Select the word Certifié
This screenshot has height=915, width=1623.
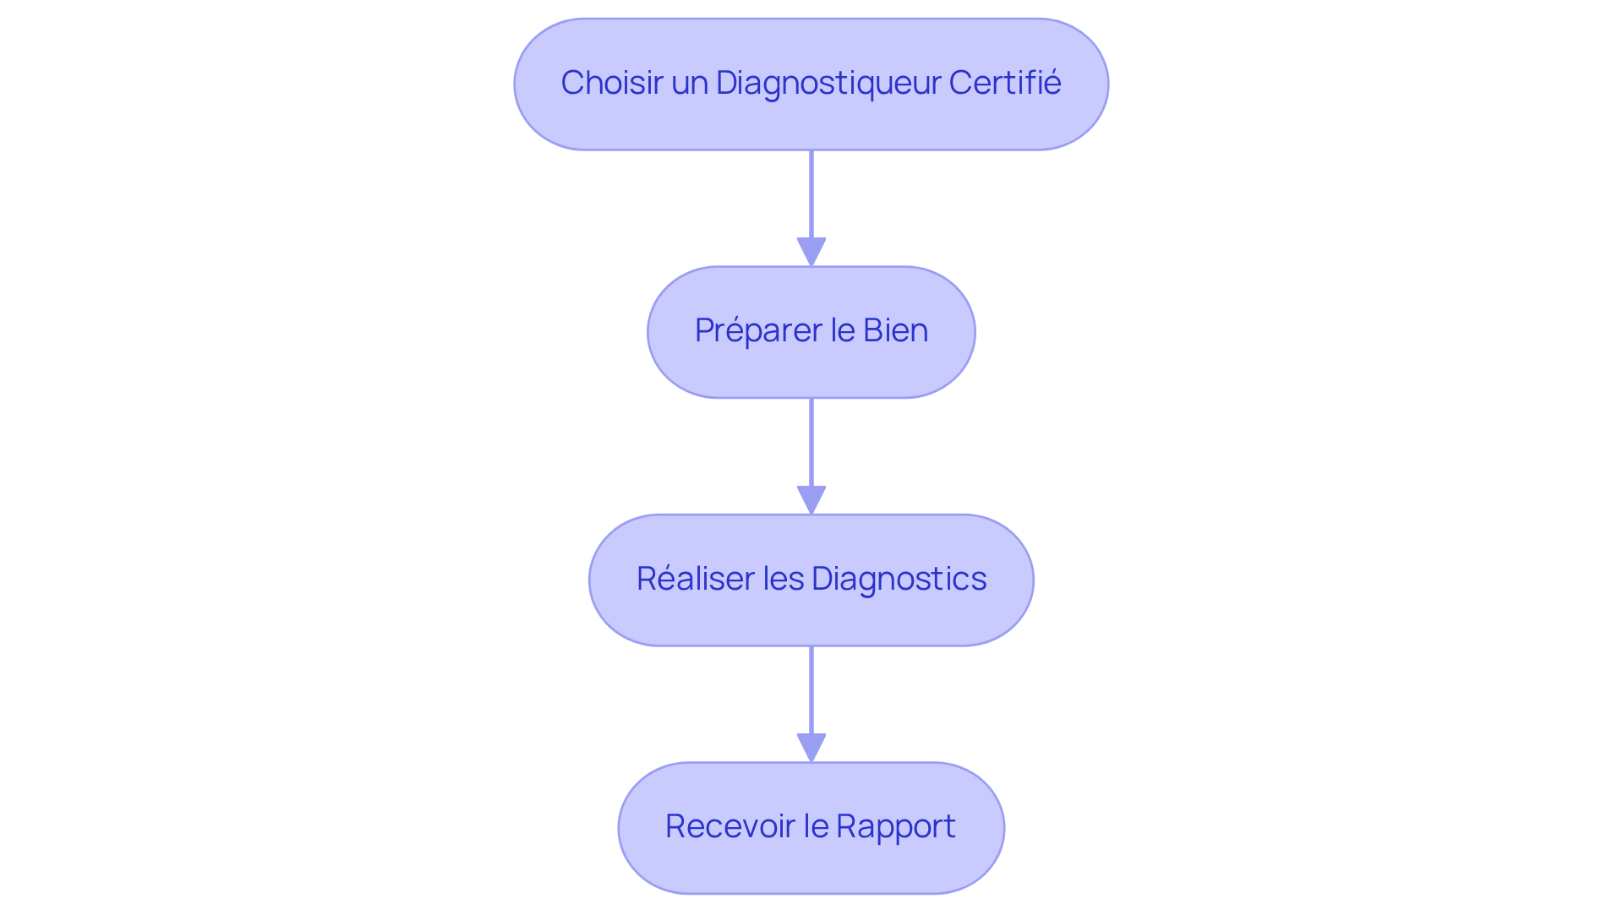(x=1004, y=83)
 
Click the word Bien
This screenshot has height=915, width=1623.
(x=895, y=330)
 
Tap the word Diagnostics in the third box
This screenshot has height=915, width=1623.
(x=899, y=579)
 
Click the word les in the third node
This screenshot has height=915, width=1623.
(x=783, y=579)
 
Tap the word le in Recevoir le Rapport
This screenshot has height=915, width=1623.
(x=816, y=826)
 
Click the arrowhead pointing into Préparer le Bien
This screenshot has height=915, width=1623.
(x=811, y=252)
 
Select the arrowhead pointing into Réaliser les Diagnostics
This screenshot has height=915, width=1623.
(x=811, y=499)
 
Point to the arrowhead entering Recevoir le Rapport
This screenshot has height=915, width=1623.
(x=811, y=748)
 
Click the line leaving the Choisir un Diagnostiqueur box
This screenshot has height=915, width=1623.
(x=811, y=193)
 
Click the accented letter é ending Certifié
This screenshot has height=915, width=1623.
(x=1052, y=83)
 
